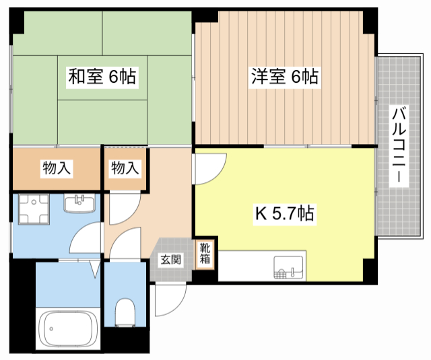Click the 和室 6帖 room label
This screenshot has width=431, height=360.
pos(102,77)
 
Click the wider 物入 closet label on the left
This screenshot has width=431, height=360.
pos(57,168)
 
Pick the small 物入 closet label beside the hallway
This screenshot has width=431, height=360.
pos(125,168)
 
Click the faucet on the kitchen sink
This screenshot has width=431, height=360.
pos(294,272)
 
